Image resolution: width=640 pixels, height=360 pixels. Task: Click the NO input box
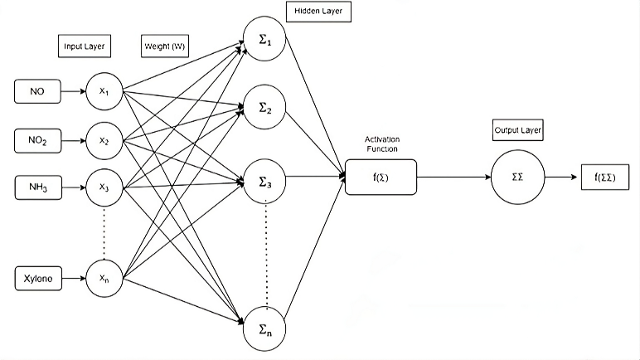point(36,91)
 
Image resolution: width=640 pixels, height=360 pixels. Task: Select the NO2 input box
point(36,141)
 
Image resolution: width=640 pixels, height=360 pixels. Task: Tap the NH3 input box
point(36,187)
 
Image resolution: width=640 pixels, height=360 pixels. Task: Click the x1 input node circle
point(104,91)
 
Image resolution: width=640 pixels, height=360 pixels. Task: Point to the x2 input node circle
point(104,141)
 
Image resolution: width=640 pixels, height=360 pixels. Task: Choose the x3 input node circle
point(104,187)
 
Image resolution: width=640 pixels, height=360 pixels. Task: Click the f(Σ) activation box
point(381,177)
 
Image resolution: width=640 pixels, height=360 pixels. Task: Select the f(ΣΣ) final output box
point(605,177)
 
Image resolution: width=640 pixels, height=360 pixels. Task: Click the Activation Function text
point(381,144)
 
